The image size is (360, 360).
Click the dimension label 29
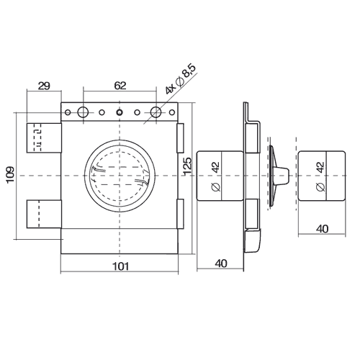click(44, 86)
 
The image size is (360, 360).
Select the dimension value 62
click(120, 86)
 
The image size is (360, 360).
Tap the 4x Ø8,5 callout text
click(181, 79)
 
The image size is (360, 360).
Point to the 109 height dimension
click(10, 175)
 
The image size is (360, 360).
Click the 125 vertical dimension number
click(187, 166)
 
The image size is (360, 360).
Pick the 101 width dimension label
click(120, 266)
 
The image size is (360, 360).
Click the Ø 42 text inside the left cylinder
click(216, 177)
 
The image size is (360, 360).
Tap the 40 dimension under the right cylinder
click(322, 229)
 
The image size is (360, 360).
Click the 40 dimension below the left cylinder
click(221, 264)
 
